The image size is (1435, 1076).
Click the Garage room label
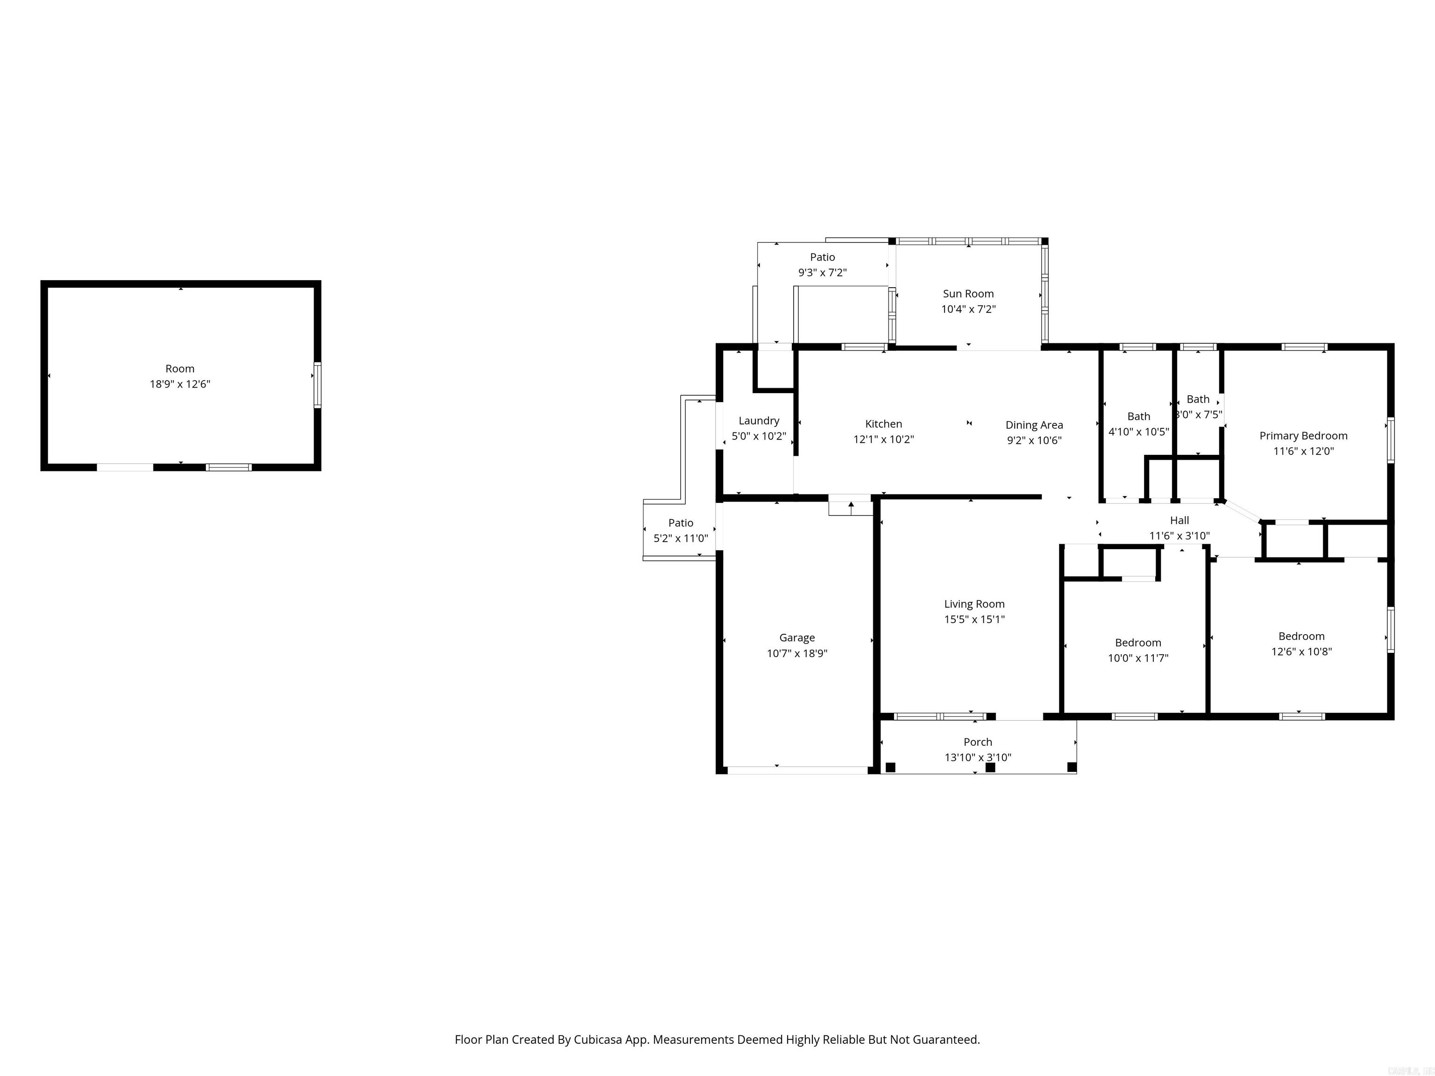796,637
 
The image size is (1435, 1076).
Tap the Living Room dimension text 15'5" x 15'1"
974,619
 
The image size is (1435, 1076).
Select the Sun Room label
968,294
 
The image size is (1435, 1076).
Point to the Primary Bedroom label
1303,436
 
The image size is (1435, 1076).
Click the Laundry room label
758,421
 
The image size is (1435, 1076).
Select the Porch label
977,742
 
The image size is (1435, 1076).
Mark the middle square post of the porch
990,767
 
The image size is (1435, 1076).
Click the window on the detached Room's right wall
317,385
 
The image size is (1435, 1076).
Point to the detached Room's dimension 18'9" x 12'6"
180,384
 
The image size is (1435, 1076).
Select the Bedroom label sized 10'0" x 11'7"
1138,643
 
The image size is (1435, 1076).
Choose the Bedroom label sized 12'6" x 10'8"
1301,636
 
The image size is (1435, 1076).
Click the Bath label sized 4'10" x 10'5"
1138,417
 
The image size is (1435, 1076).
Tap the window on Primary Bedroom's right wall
1390,440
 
